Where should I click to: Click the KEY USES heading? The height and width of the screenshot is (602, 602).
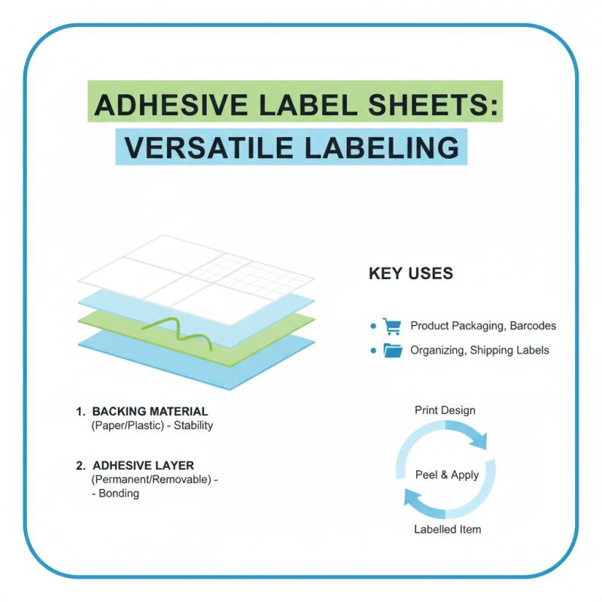[411, 273]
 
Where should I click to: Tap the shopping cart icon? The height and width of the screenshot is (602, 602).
[391, 326]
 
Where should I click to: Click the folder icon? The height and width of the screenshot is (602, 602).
[392, 350]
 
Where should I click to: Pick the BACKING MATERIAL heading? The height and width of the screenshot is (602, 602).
[150, 412]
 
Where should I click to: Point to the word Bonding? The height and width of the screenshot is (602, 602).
[119, 494]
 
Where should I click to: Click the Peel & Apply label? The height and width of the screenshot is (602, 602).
[447, 475]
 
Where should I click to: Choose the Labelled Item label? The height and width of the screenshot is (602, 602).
[447, 529]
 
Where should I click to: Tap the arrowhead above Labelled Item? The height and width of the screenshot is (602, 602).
[412, 497]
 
